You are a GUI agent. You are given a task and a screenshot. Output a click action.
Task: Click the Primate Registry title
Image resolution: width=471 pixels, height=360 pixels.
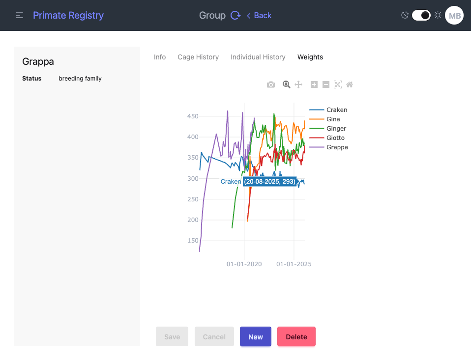point(68,15)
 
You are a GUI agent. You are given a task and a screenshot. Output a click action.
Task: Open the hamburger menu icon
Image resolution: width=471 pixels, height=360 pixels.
point(20,15)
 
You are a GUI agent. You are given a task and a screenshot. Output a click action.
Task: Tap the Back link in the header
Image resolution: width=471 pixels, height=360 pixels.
point(259,15)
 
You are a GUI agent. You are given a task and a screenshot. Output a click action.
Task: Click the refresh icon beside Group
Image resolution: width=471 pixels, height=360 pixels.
point(235,15)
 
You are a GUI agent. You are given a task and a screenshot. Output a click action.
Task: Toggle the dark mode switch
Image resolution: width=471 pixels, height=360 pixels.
point(421,15)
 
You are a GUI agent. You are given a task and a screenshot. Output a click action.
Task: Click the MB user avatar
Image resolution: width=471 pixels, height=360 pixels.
point(454,16)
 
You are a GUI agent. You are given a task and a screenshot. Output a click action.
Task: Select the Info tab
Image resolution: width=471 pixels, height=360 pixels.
point(160,57)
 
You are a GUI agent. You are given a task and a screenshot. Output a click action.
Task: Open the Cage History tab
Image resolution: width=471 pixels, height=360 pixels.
point(198,57)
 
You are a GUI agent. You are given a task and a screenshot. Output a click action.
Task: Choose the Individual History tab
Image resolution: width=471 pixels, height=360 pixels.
point(258,57)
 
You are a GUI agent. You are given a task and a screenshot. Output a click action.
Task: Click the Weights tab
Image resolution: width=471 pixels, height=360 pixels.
point(310,57)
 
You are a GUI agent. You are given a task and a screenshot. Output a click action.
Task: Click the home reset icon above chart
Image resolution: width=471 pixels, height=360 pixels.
point(350,84)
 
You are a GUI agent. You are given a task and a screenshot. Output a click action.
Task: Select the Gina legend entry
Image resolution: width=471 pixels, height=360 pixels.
point(333,119)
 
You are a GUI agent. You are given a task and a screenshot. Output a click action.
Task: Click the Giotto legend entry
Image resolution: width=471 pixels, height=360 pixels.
point(335,138)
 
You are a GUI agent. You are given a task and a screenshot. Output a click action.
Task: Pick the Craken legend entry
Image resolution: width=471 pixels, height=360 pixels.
point(337,110)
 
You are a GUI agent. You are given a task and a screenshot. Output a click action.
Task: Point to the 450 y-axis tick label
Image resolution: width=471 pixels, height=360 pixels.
point(193,116)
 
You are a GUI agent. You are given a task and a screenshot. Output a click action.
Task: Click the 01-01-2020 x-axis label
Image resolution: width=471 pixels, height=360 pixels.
point(244,264)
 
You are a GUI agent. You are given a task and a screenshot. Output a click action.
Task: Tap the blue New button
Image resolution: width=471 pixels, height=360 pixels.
point(256,337)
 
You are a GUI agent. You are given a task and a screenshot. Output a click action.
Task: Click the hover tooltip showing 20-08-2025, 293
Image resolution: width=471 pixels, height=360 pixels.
point(269,182)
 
